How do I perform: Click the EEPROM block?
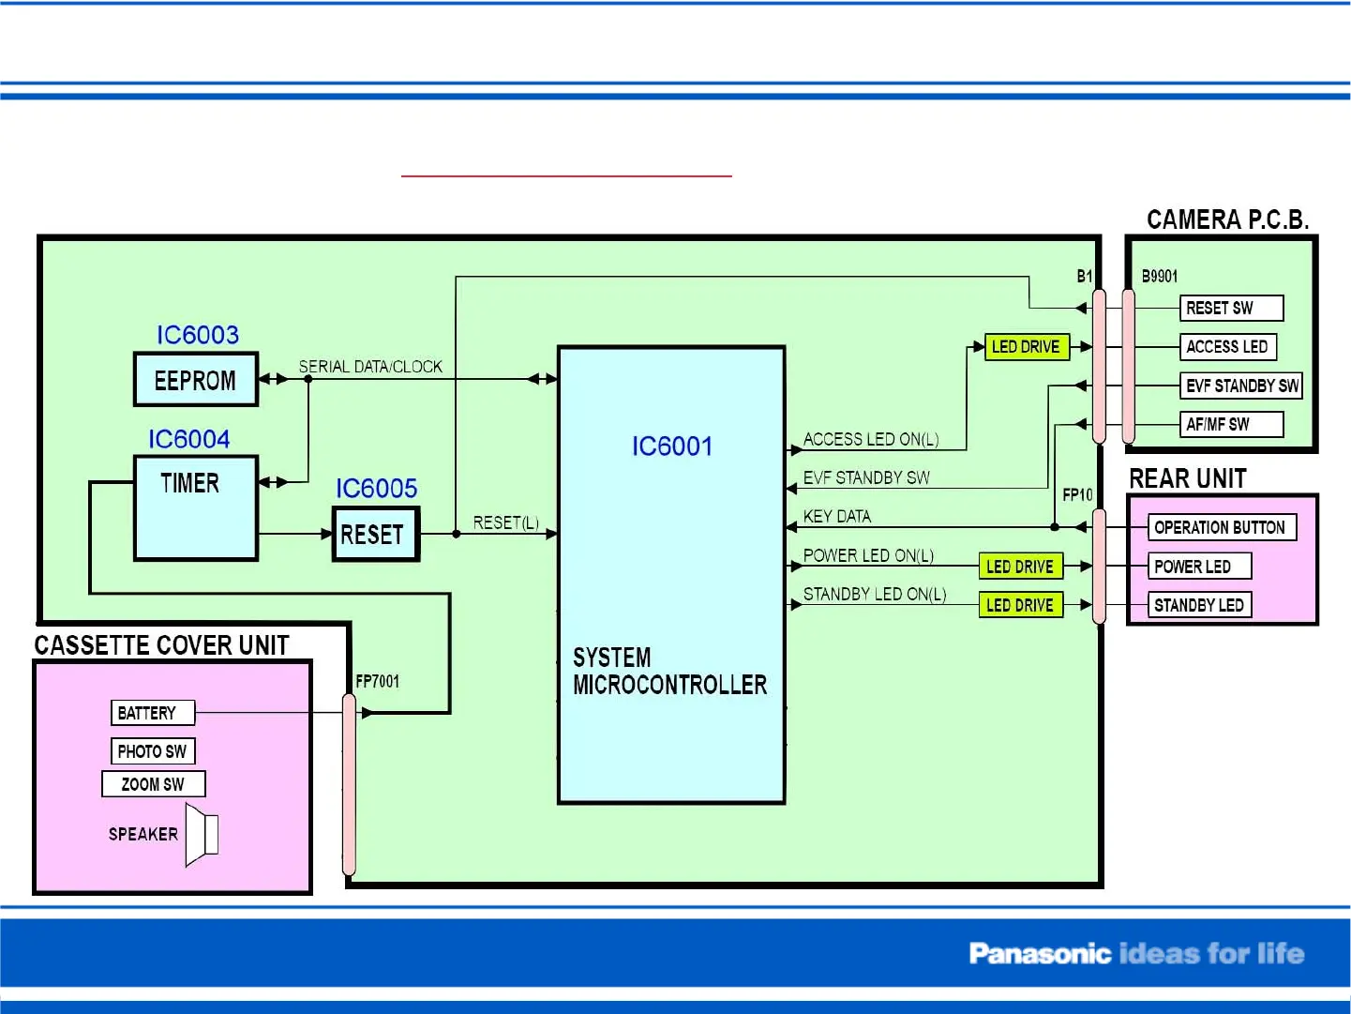point(196,380)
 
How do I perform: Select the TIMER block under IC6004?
point(196,507)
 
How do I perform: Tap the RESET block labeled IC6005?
point(376,535)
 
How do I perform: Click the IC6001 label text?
point(672,446)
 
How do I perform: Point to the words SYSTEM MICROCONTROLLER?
point(669,672)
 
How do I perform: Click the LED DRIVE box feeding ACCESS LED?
point(1027,347)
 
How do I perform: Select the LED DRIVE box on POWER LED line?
point(1020,567)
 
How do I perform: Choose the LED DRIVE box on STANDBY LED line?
point(1020,605)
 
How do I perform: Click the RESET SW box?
point(1231,308)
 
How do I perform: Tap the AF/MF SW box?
point(1231,424)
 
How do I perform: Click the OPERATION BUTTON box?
point(1222,527)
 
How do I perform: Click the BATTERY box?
point(152,713)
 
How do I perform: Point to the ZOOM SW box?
point(153,784)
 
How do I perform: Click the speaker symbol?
point(202,834)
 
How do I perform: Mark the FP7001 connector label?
point(378,681)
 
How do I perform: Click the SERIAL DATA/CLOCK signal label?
point(370,367)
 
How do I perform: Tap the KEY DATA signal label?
point(837,517)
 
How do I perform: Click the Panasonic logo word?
point(1040,954)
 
